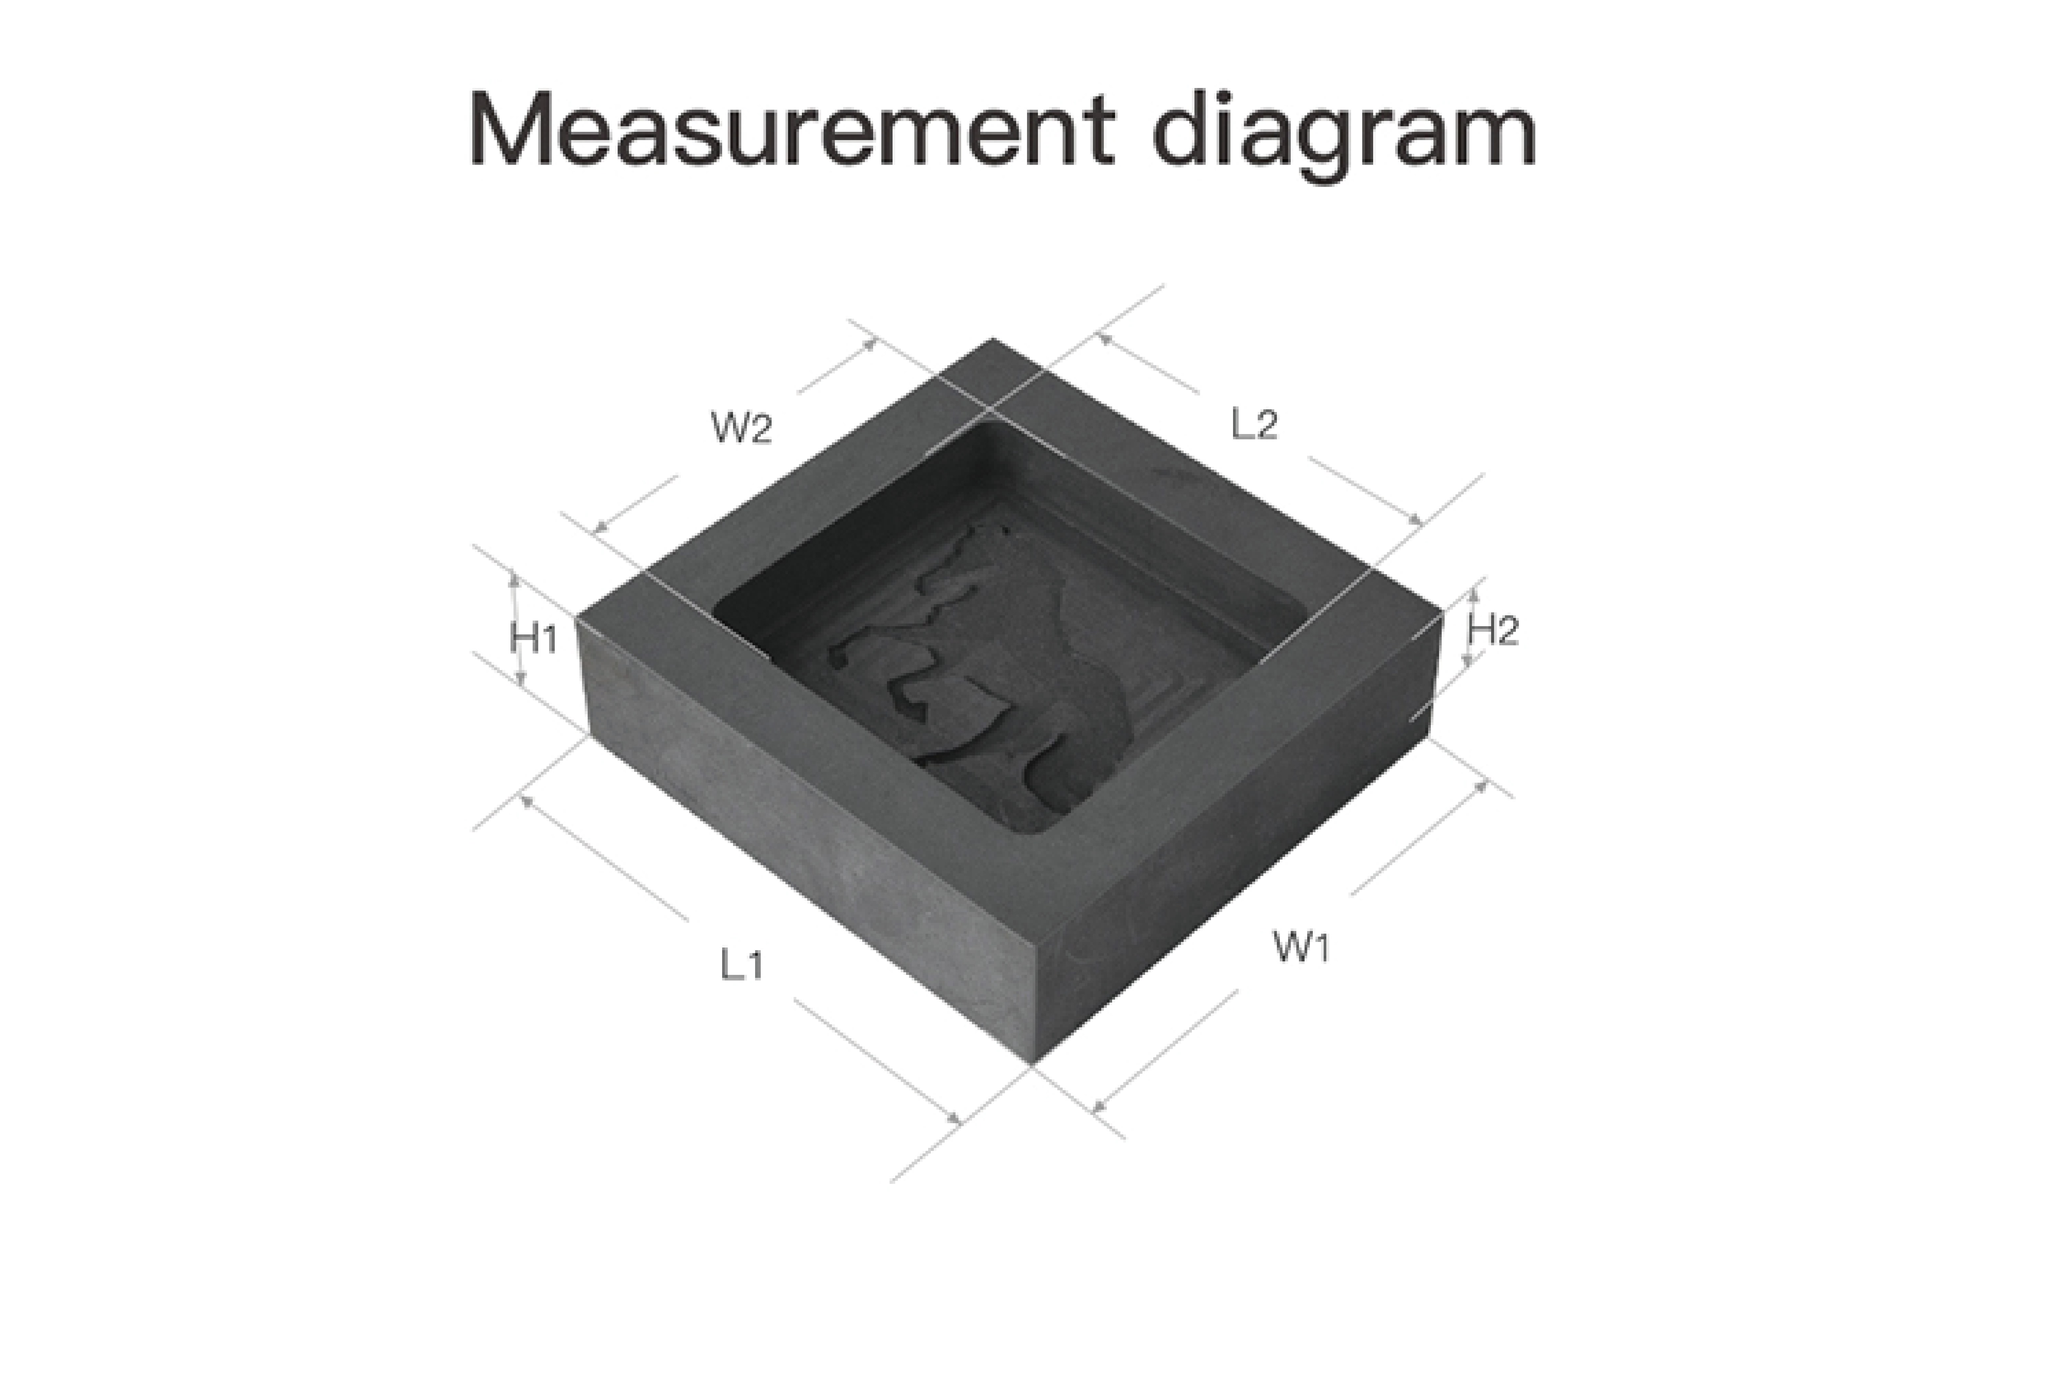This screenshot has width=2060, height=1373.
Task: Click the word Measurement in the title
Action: [x=792, y=130]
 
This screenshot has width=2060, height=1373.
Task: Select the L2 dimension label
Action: [x=1254, y=425]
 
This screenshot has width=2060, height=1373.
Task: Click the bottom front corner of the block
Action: [x=1033, y=1066]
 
